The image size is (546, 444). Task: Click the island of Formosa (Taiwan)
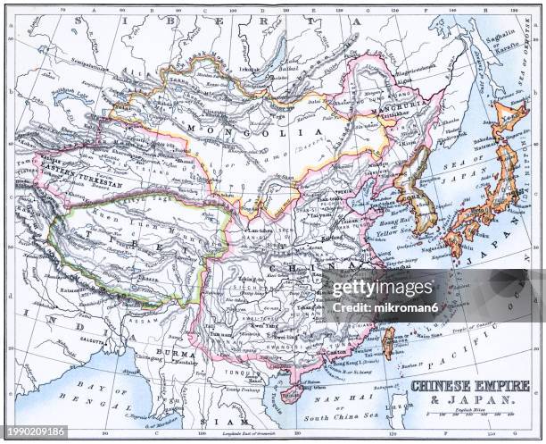point(387,342)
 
